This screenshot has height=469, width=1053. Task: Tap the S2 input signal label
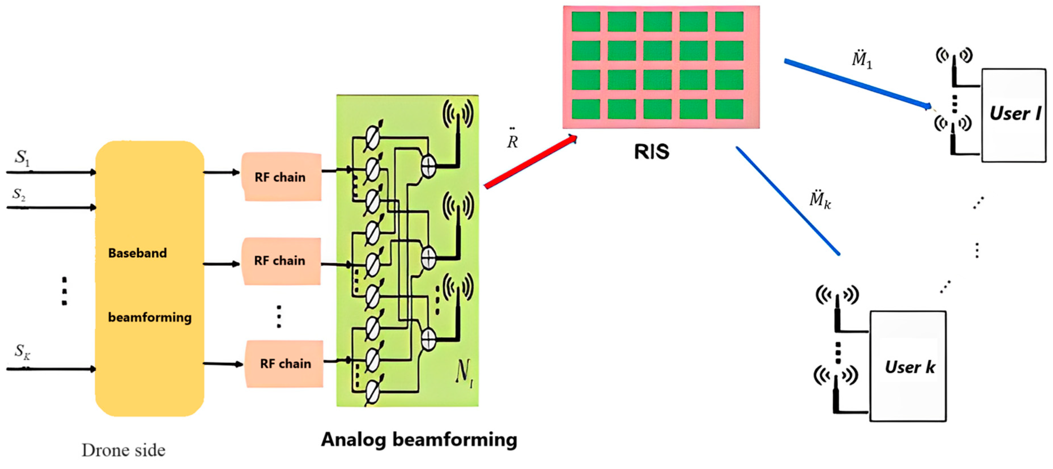coord(19,194)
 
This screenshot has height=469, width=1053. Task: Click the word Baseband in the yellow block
coord(137,253)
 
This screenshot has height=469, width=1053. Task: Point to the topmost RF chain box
coord(281,177)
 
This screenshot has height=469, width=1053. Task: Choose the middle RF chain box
coord(280,261)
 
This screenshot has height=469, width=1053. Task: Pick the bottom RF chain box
coord(285,363)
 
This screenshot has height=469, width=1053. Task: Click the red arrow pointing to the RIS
coord(530,162)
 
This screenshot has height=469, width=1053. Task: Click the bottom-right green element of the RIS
coord(729,109)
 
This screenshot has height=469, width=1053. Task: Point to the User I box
coord(1014,115)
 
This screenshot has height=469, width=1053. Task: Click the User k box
coord(908,366)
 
